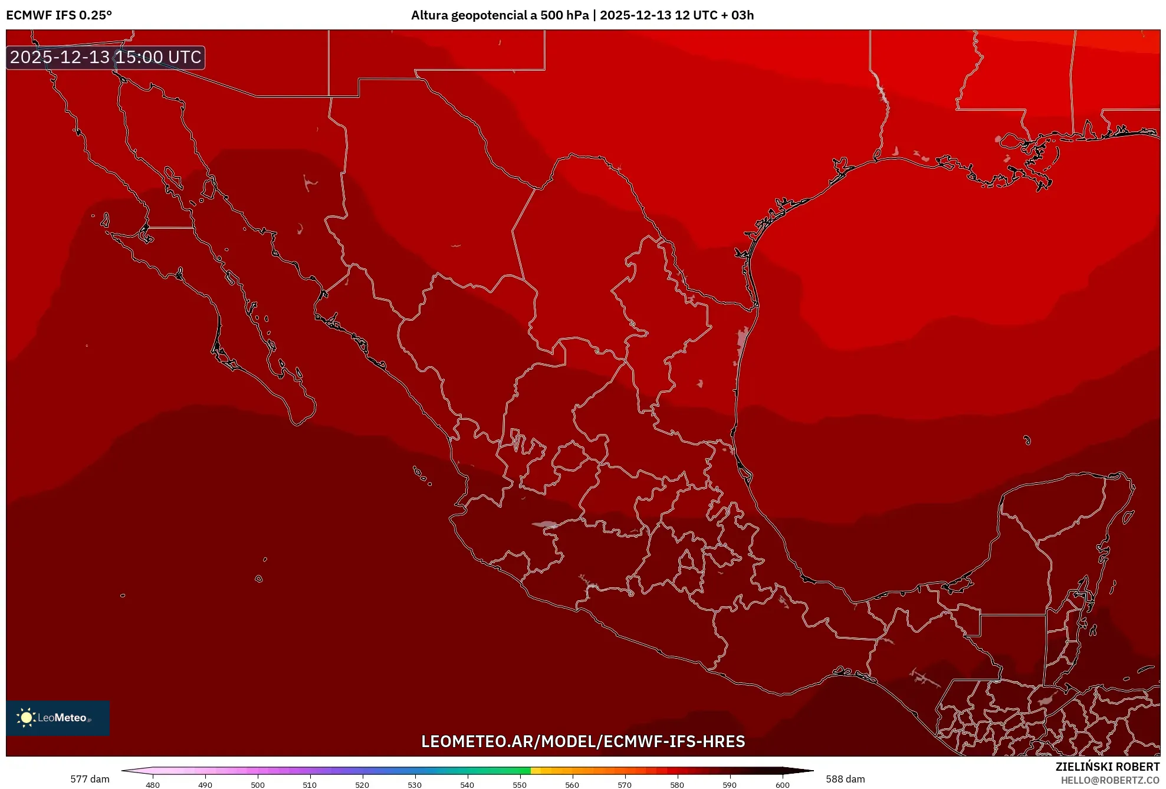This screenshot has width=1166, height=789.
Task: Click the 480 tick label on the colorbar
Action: click(x=153, y=785)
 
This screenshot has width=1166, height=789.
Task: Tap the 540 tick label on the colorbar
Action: click(x=467, y=785)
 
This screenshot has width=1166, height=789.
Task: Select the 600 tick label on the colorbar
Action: click(x=782, y=785)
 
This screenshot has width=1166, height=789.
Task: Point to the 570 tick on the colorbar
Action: click(x=625, y=785)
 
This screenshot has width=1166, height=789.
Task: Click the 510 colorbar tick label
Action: click(x=310, y=785)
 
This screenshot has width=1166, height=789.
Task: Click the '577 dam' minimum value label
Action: click(x=90, y=779)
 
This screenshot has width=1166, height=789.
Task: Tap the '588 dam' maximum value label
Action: click(x=845, y=779)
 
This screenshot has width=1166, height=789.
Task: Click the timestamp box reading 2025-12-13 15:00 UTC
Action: click(x=106, y=57)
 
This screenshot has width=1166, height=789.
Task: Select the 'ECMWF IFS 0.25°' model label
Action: click(x=59, y=15)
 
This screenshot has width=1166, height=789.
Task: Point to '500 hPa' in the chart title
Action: click(x=564, y=15)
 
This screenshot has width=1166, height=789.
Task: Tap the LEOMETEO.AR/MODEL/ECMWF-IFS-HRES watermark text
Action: click(x=583, y=741)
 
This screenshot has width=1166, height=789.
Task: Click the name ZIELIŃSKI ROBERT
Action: click(x=1108, y=767)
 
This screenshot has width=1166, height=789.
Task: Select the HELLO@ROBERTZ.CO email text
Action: click(x=1110, y=780)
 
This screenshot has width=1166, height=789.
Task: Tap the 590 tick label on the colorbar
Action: click(x=730, y=785)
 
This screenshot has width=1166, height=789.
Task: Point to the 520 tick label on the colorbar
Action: click(x=362, y=785)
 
